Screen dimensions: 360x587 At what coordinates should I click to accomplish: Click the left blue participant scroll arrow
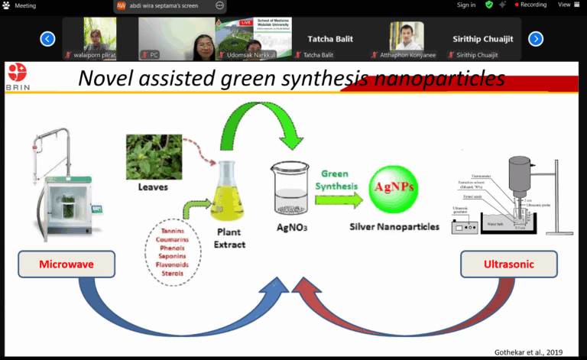tap(47, 38)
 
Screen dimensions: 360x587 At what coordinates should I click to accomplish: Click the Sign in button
tap(465, 5)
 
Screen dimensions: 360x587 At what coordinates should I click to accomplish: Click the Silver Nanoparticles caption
tap(394, 226)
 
